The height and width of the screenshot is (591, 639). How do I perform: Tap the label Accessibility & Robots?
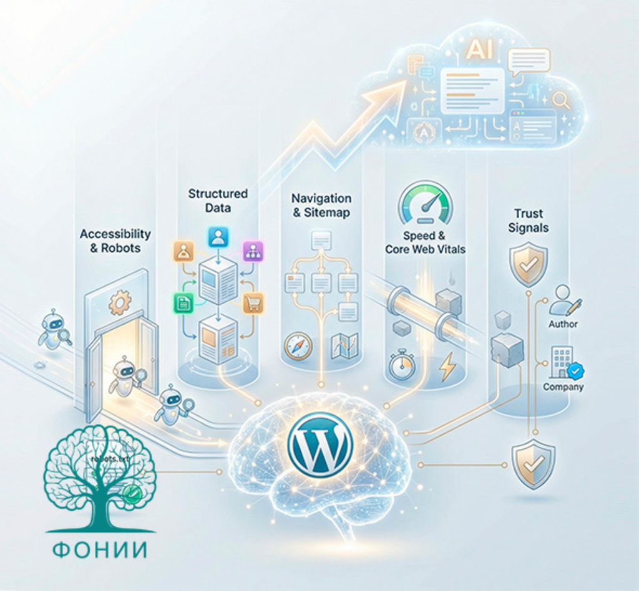click(115, 241)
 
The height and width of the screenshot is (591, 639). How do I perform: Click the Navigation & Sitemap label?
click(321, 205)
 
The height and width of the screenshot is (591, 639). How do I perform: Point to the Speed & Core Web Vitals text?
click(425, 243)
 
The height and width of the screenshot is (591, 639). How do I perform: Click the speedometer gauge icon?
click(426, 203)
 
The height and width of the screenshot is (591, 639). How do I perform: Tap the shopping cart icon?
click(253, 303)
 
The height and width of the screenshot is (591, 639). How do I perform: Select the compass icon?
click(298, 347)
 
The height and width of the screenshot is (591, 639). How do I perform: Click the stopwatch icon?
click(401, 365)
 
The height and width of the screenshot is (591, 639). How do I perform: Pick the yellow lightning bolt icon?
click(447, 367)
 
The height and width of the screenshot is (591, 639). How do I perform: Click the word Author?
click(563, 324)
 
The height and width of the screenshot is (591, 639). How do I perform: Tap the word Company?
click(563, 387)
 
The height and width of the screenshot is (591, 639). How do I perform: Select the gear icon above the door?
click(119, 302)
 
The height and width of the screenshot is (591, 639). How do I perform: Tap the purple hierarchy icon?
click(253, 251)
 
